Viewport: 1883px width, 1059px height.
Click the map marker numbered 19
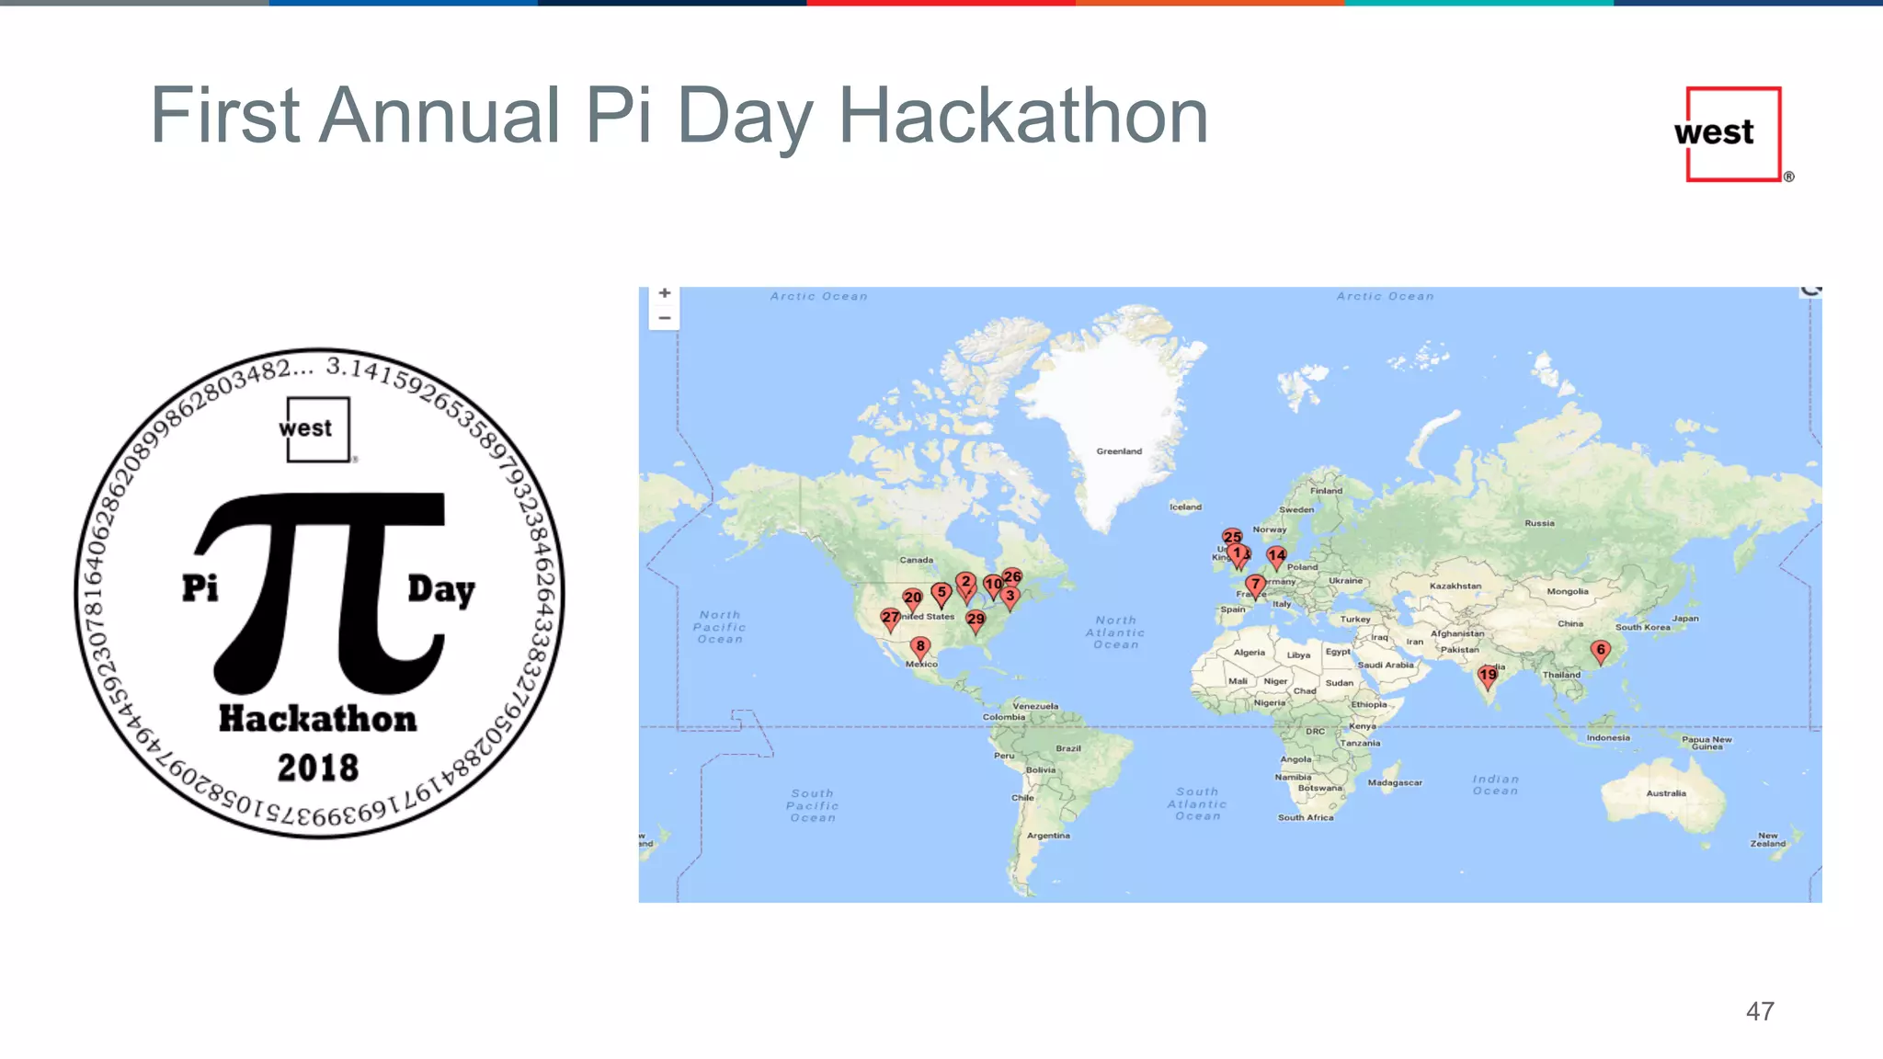point(1487,676)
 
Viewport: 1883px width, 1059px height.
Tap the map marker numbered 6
point(1601,651)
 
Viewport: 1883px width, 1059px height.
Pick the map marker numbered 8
point(919,647)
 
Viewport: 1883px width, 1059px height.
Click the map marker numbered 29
point(976,621)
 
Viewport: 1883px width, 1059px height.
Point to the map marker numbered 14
point(1276,556)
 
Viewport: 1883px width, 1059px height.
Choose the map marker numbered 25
point(1232,537)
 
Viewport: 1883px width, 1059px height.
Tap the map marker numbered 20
point(912,598)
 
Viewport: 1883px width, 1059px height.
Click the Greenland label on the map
point(1119,451)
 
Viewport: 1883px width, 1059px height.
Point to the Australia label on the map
point(1666,793)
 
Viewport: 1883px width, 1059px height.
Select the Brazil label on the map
point(1068,748)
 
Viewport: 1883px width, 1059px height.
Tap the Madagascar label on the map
point(1395,783)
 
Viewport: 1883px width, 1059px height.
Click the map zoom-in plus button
point(665,293)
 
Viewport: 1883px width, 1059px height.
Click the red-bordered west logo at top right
point(1732,134)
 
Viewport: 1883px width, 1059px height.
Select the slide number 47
point(1760,1012)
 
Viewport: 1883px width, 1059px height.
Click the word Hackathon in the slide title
point(1023,117)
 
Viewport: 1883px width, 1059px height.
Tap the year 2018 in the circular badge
point(318,769)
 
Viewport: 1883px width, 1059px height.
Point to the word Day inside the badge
point(441,590)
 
